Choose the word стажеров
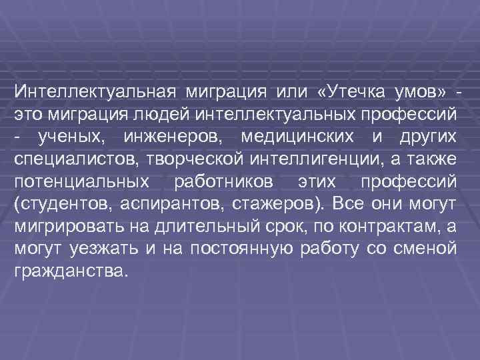coord(270,204)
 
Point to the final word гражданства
coord(69,273)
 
